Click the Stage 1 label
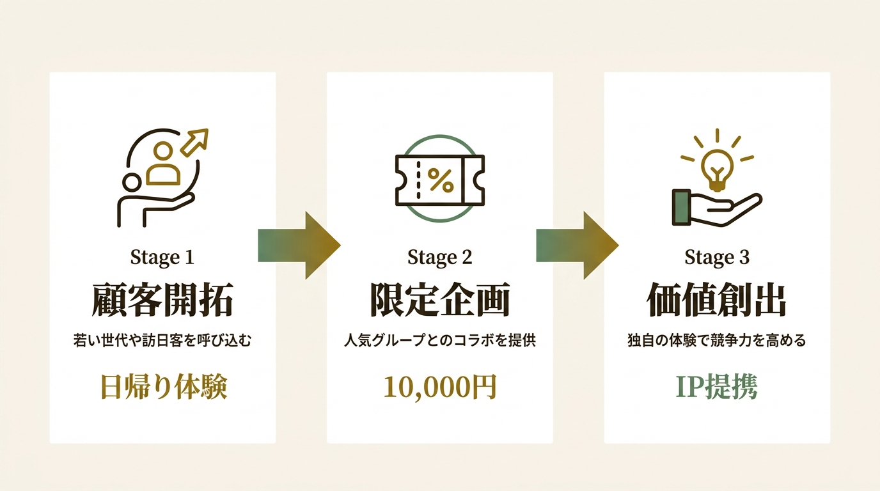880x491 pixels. pyautogui.click(x=162, y=258)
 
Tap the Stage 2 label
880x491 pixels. pyautogui.click(x=439, y=258)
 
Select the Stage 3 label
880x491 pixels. pyautogui.click(x=717, y=258)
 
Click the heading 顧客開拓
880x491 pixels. pyautogui.click(x=162, y=300)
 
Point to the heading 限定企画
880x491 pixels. pyautogui.click(x=440, y=300)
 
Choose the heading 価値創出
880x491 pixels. pyautogui.click(x=716, y=300)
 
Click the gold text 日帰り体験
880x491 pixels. pyautogui.click(x=164, y=387)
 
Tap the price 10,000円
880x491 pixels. pyautogui.click(x=440, y=387)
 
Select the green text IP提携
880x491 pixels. pyautogui.click(x=716, y=387)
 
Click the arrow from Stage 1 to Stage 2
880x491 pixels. pyautogui.click(x=299, y=245)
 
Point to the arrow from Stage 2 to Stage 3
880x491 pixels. pyautogui.click(x=577, y=245)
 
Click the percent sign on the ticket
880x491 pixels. pyautogui.click(x=441, y=180)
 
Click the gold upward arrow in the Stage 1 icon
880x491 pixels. pyautogui.click(x=194, y=142)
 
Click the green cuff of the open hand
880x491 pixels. pyautogui.click(x=682, y=207)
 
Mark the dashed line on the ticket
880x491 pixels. pyautogui.click(x=418, y=180)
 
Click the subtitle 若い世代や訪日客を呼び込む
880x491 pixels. pyautogui.click(x=162, y=340)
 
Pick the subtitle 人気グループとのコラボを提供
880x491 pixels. pyautogui.click(x=440, y=340)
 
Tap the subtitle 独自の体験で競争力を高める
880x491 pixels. pyautogui.click(x=717, y=340)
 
